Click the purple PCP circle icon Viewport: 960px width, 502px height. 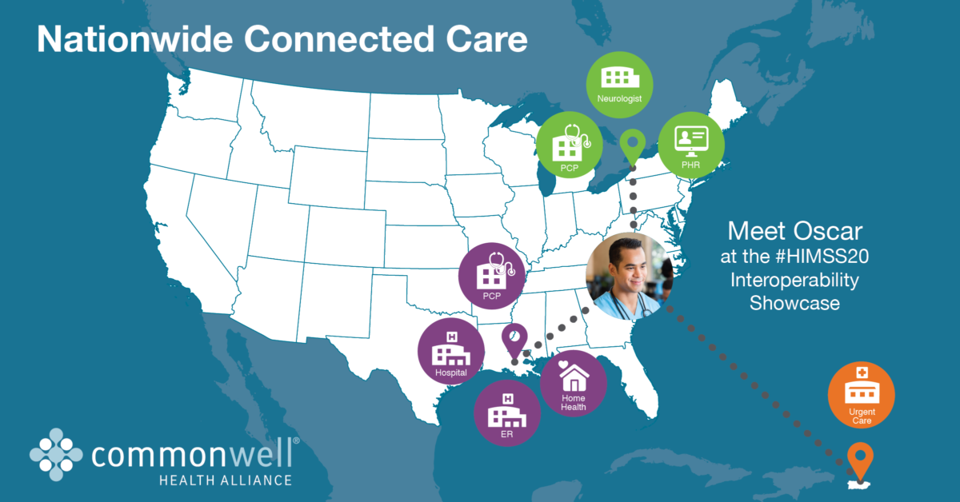pos(491,276)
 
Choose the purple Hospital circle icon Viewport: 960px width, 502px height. pos(451,353)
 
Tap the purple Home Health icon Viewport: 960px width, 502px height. pos(574,383)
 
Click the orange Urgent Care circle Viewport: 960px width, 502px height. pos(861,394)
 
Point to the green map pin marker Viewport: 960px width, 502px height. pos(632,147)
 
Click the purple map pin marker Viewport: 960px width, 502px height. pos(514,339)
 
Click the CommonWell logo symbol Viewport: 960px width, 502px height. pos(56,456)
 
